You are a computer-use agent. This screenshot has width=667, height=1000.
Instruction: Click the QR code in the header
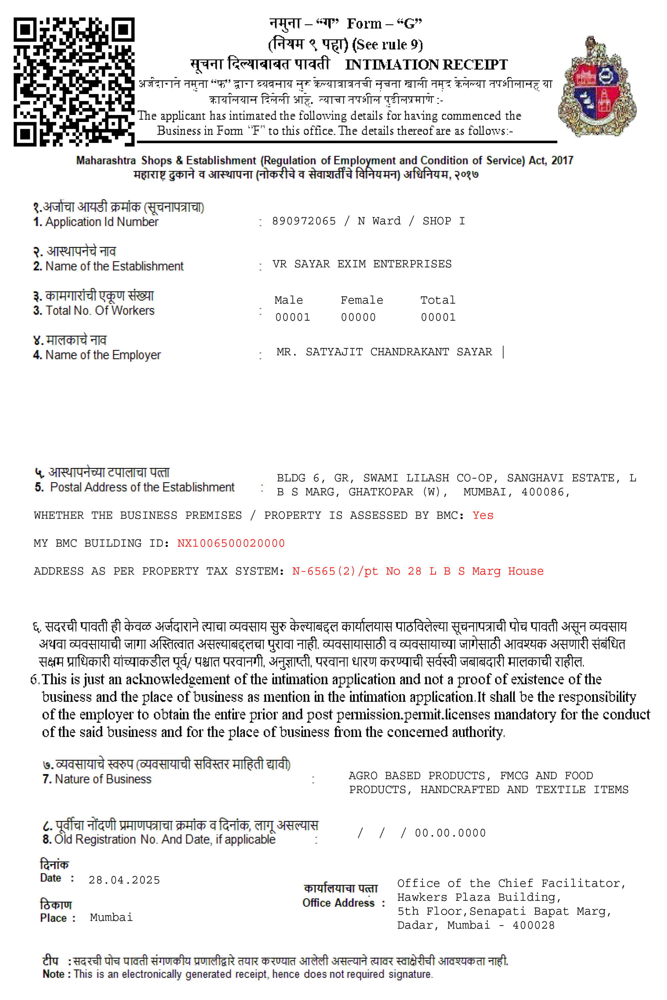point(74,82)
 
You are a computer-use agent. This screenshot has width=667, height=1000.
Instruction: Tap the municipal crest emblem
point(597,86)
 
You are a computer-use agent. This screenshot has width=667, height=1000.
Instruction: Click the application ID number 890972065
point(304,221)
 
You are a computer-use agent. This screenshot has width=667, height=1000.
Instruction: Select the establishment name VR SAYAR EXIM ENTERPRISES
point(362,264)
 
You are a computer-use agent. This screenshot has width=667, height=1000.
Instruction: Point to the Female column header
point(362,300)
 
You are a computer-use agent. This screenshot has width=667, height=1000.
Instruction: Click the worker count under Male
point(293,317)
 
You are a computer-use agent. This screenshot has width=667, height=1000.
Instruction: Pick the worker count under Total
point(438,317)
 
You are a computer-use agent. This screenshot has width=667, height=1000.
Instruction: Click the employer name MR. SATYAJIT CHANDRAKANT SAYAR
point(384,352)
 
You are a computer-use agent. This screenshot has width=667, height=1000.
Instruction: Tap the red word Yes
point(483,515)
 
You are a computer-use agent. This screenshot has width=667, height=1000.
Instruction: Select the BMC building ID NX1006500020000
point(231,543)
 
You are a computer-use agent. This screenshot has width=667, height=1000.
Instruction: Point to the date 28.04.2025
point(124,880)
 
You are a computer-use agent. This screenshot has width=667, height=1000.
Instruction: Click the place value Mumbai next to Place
point(111,918)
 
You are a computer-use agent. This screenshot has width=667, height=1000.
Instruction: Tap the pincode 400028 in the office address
point(533,926)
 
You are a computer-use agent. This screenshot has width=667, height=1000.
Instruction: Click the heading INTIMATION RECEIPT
point(426,65)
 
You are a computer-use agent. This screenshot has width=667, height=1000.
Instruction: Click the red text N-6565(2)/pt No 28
point(357,571)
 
